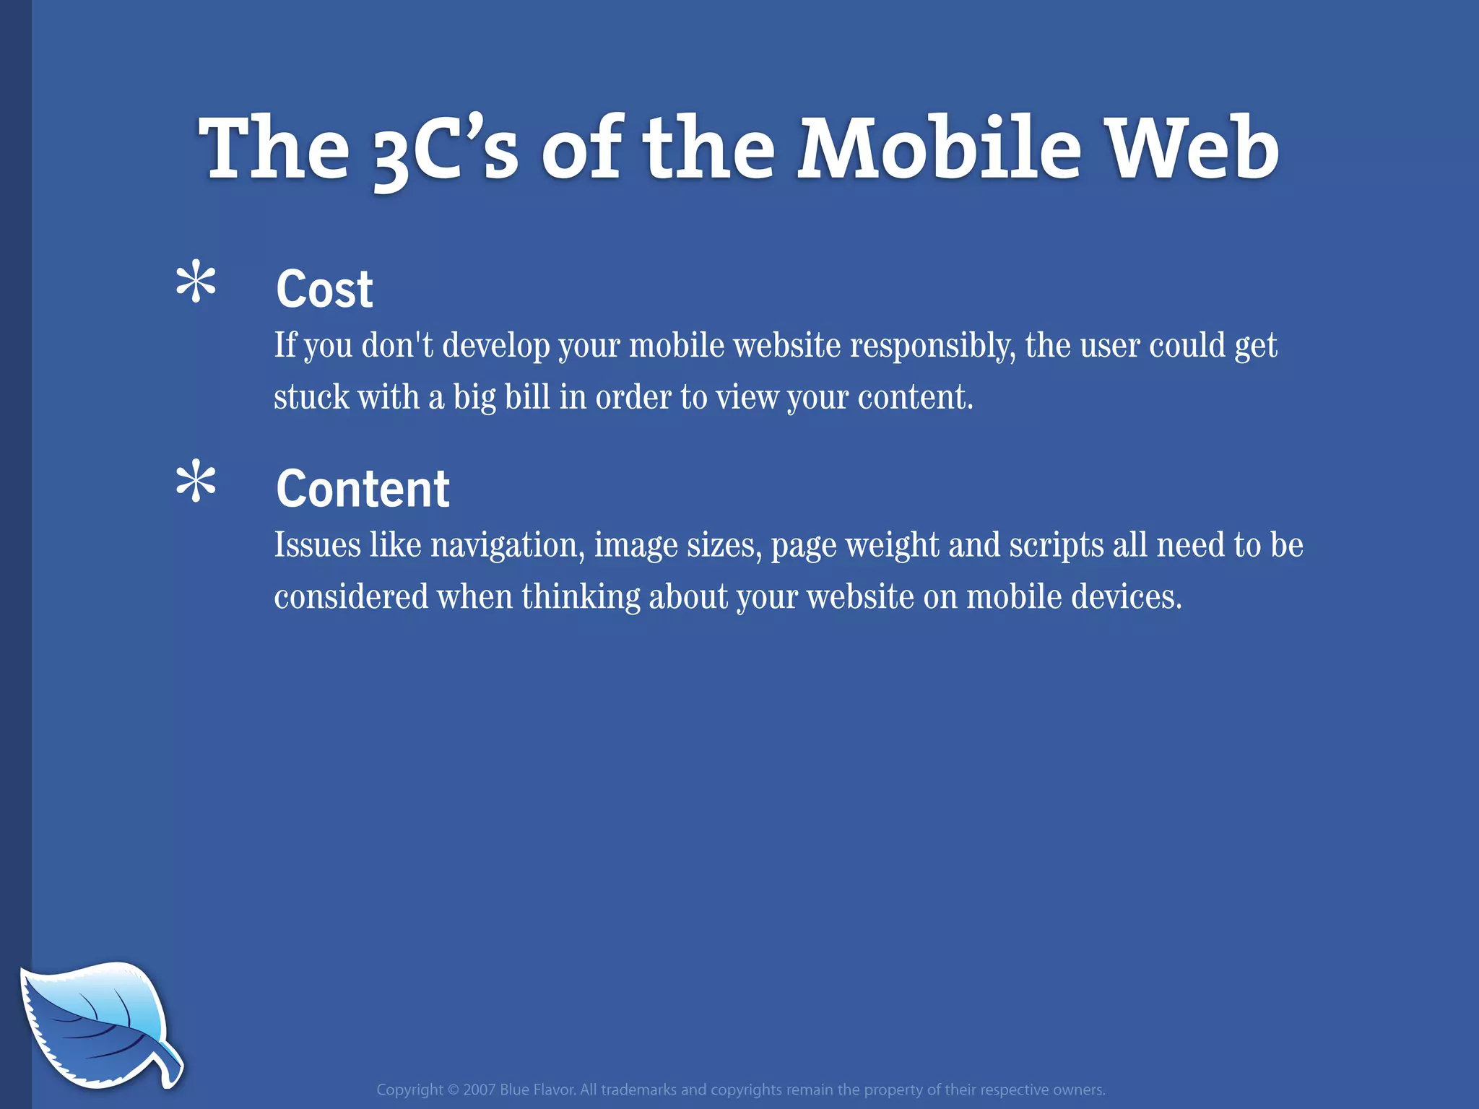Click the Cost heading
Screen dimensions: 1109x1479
[324, 289]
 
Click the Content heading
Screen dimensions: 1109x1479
[363, 489]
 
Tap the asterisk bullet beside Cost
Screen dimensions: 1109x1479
[196, 284]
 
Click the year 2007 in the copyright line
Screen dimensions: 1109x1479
[479, 1090]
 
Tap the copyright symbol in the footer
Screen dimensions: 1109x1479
[453, 1090]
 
